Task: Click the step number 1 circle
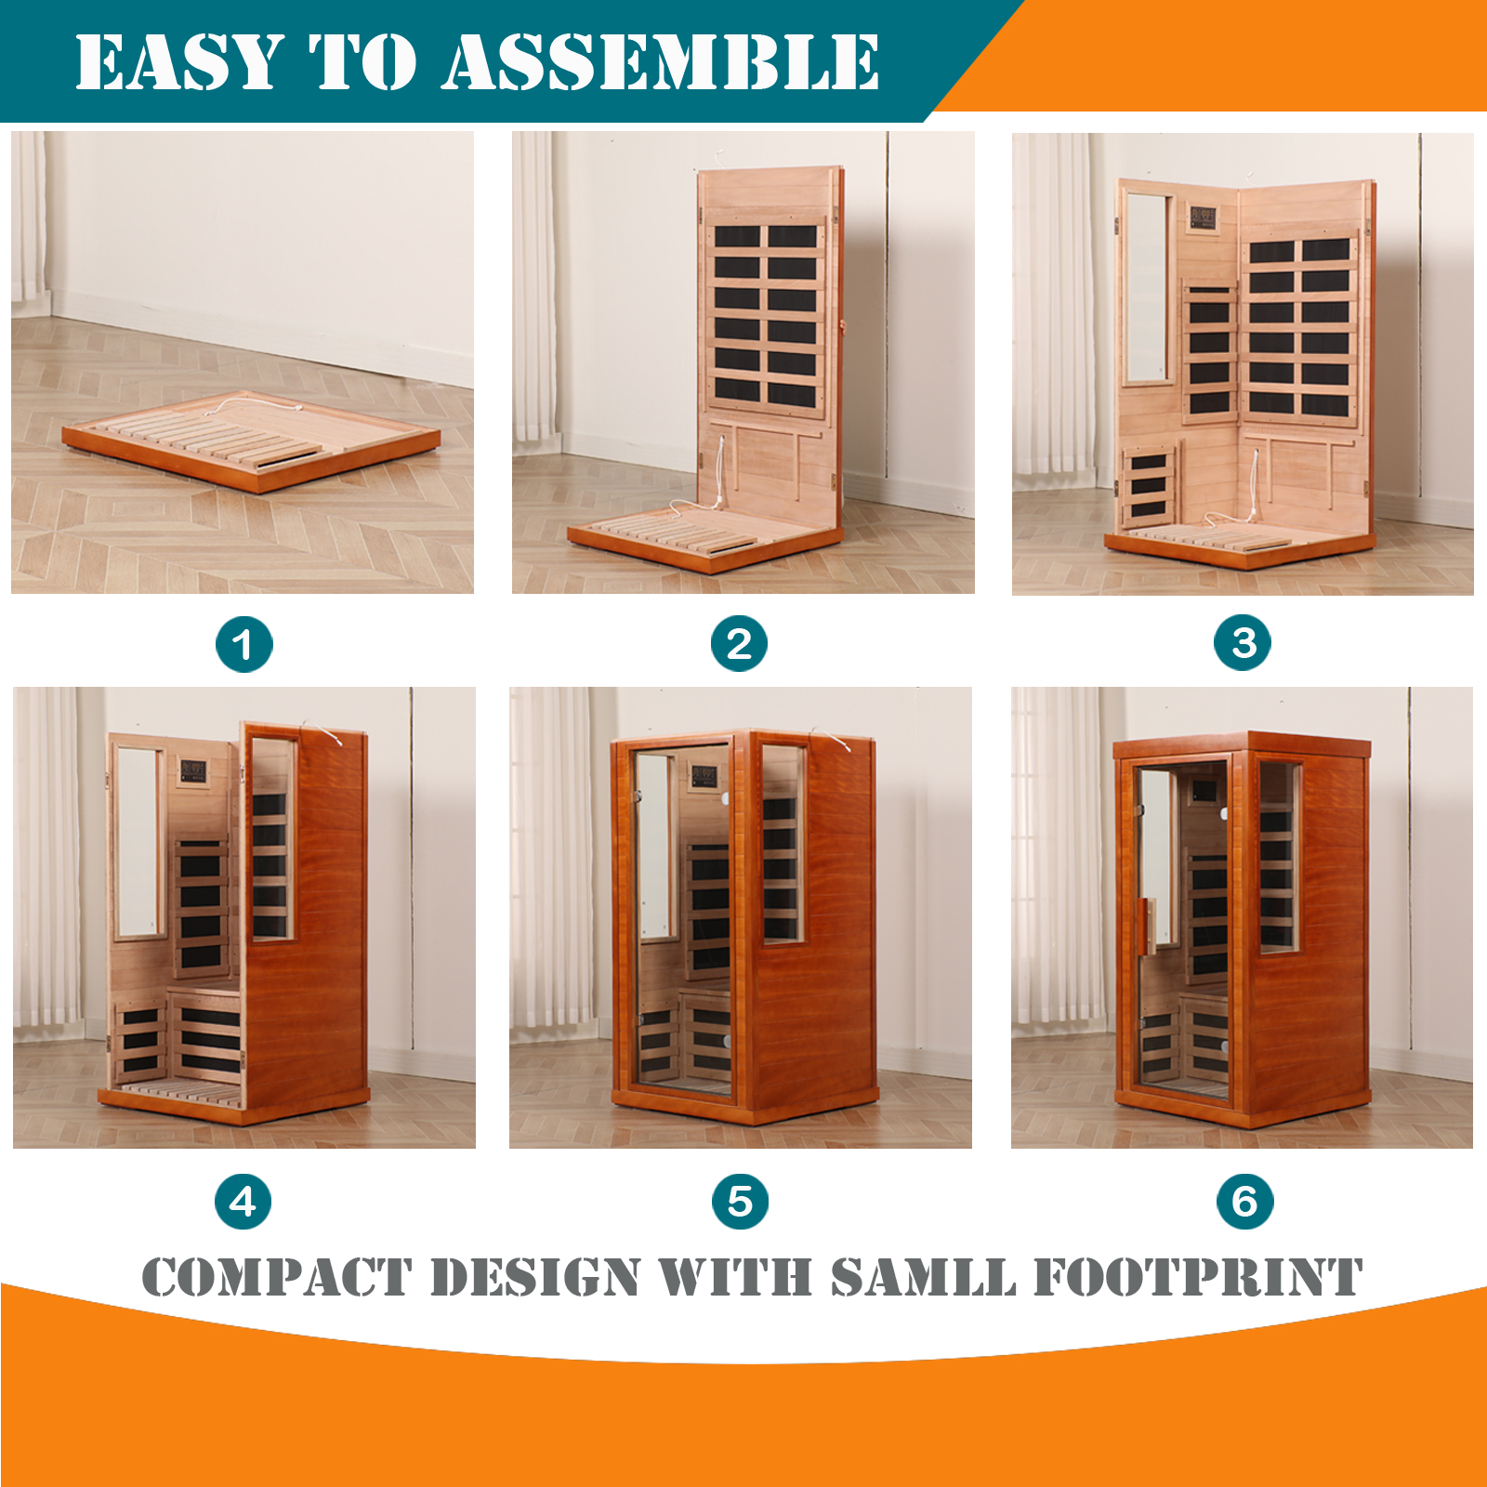tap(243, 644)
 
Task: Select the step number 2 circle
tap(739, 643)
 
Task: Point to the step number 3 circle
tap(1243, 642)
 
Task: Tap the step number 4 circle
tap(243, 1201)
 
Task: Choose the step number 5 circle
tap(740, 1201)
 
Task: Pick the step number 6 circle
tap(1245, 1201)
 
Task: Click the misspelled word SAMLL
tap(923, 1277)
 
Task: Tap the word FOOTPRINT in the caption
tap(1198, 1277)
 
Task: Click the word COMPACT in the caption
tap(277, 1277)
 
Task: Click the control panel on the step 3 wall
tap(1204, 218)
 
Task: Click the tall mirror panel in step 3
tap(1147, 287)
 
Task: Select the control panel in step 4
tap(193, 770)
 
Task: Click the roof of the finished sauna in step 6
tap(1242, 745)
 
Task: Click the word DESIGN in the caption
tap(535, 1277)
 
